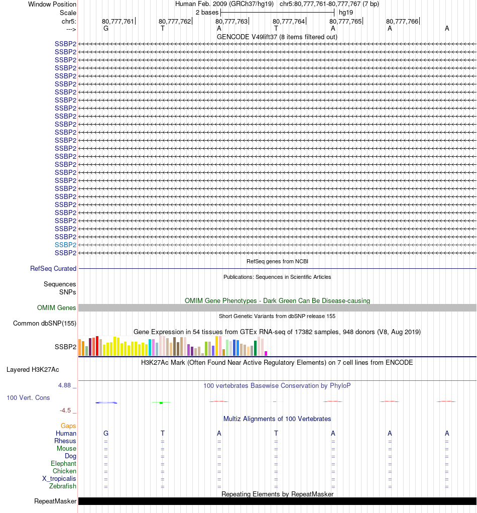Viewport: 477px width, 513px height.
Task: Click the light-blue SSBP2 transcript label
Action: pos(65,245)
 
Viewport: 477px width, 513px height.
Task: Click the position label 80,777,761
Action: pos(118,21)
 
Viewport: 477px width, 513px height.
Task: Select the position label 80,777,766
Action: pos(402,21)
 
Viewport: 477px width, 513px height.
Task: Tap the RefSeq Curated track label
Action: pos(53,269)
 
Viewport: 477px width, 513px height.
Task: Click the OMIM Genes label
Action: pos(57,308)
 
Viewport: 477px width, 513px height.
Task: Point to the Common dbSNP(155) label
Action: pos(45,324)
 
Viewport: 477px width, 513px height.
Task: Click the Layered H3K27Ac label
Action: pos(33,370)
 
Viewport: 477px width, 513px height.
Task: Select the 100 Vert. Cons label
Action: pos(28,398)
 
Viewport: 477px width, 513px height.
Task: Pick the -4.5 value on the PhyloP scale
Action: pos(66,411)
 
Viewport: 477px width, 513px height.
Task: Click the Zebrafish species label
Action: pos(63,486)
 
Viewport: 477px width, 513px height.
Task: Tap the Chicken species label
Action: pos(64,471)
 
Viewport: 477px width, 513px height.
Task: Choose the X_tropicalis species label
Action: pos(59,479)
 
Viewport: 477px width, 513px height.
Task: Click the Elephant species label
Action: pos(63,464)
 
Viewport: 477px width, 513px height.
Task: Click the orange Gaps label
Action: pos(68,426)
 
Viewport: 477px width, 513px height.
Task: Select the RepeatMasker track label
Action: pos(55,501)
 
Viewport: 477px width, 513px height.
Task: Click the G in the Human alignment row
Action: pos(105,434)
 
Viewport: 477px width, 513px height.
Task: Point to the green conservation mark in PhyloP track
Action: pos(161,402)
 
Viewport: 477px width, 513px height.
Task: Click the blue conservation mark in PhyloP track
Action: pos(106,402)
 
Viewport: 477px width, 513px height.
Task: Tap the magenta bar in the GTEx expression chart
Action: pos(266,353)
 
